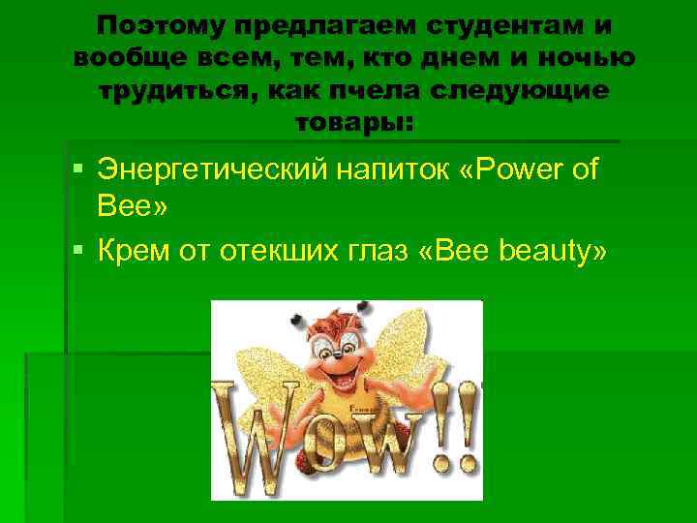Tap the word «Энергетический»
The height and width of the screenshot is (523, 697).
click(219, 170)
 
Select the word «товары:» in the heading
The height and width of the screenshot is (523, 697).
click(352, 124)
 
